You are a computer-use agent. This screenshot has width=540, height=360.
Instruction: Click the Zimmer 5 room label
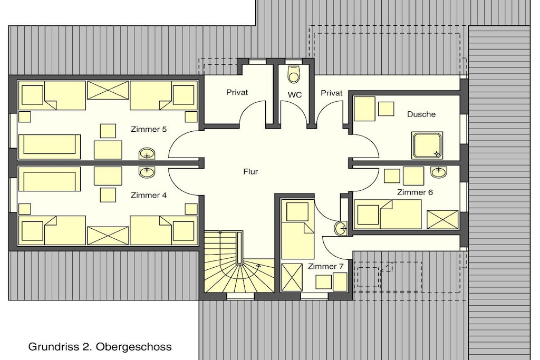tap(148, 130)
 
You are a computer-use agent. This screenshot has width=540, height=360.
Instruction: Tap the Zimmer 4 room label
tap(148, 195)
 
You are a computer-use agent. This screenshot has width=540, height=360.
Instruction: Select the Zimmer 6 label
tap(414, 192)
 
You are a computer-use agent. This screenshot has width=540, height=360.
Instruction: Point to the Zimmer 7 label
tap(325, 266)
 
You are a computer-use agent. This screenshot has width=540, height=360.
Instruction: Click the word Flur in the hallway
tap(250, 172)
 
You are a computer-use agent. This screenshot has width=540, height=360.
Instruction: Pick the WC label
tap(294, 95)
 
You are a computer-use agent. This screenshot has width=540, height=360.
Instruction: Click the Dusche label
tap(421, 114)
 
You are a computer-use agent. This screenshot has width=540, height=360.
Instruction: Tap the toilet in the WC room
tap(294, 74)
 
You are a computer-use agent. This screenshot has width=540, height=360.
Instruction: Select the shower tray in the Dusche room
tap(427, 145)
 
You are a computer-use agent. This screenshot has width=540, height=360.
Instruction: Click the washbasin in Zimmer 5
tap(147, 154)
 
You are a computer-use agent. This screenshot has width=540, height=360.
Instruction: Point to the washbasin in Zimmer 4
tap(147, 172)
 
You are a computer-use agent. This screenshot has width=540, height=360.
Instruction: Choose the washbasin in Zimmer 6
tap(439, 172)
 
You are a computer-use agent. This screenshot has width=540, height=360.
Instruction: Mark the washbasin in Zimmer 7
tap(341, 228)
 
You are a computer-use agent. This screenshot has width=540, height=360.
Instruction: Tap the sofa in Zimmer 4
tap(50, 179)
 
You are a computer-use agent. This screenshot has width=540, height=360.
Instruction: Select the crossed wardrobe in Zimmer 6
tap(442, 219)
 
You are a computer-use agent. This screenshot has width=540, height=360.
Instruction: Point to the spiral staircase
tap(239, 261)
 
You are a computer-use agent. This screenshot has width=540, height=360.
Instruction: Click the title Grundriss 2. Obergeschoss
tap(100, 347)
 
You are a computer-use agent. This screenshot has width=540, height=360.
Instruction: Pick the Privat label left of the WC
tap(237, 92)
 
